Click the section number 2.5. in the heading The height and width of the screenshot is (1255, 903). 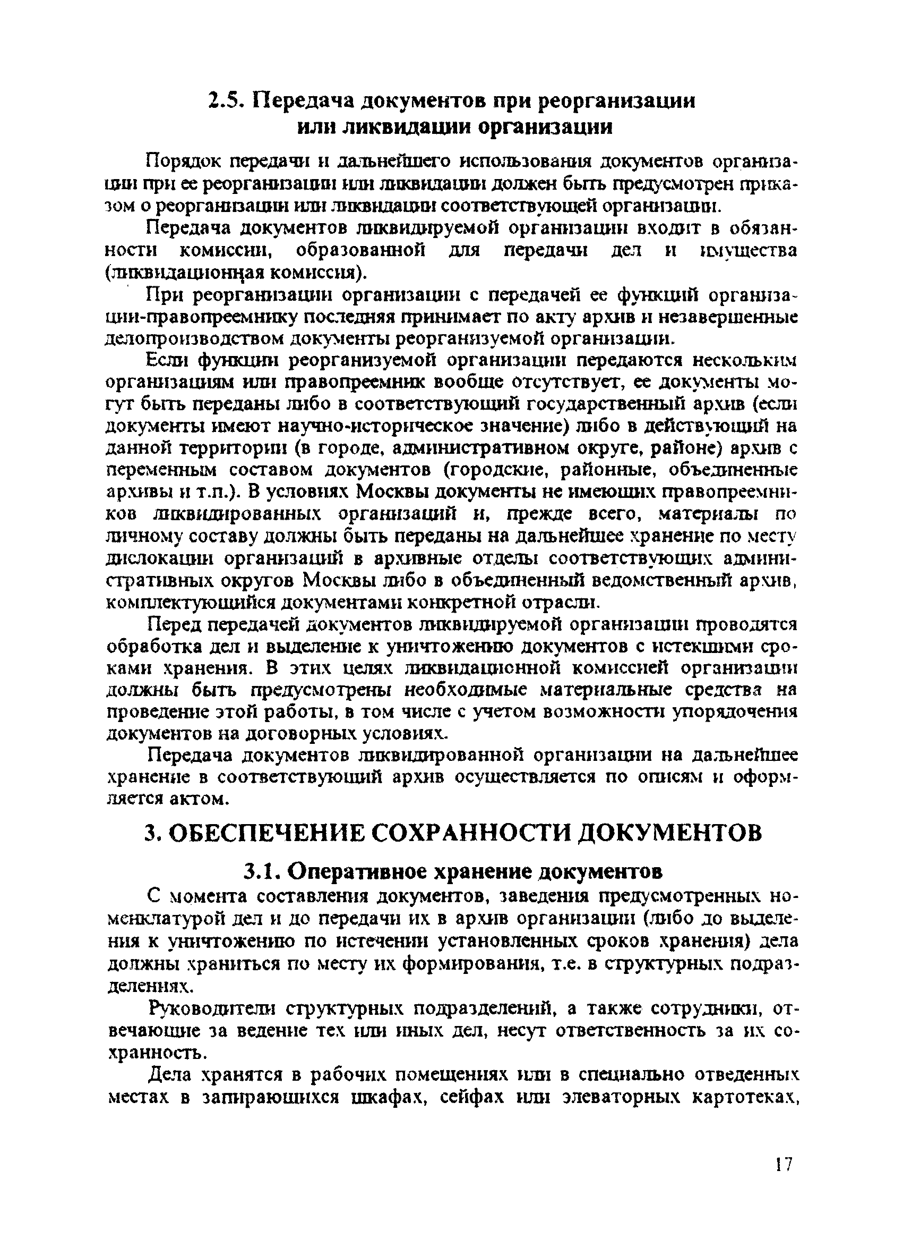(227, 101)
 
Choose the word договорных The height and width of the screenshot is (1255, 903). (302, 733)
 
